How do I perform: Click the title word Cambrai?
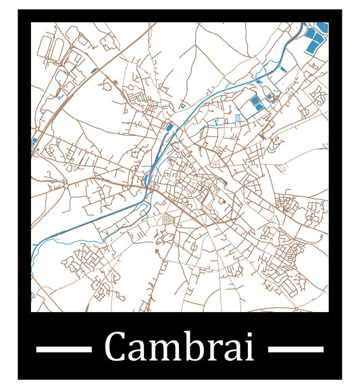180,348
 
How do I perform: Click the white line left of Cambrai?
63,349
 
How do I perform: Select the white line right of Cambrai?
295,349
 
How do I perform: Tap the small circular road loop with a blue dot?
63,180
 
